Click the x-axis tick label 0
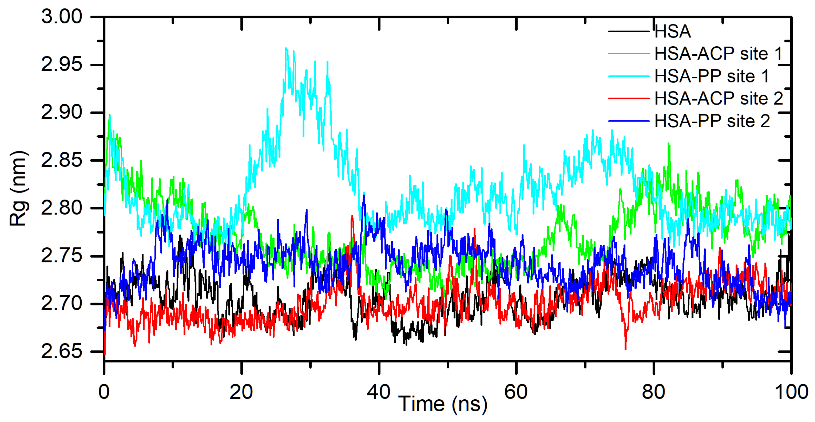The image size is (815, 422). click(x=104, y=392)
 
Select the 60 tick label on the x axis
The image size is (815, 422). click(x=516, y=392)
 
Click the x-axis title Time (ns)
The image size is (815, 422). click(x=443, y=404)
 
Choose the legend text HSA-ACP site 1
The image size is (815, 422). click(x=718, y=54)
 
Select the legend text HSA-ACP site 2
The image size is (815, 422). click(x=718, y=98)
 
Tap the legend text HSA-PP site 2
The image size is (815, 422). click(x=712, y=121)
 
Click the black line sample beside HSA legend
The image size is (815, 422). click(x=628, y=31)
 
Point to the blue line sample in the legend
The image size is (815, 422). click(x=628, y=121)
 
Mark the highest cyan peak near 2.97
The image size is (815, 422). click(x=286, y=48)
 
